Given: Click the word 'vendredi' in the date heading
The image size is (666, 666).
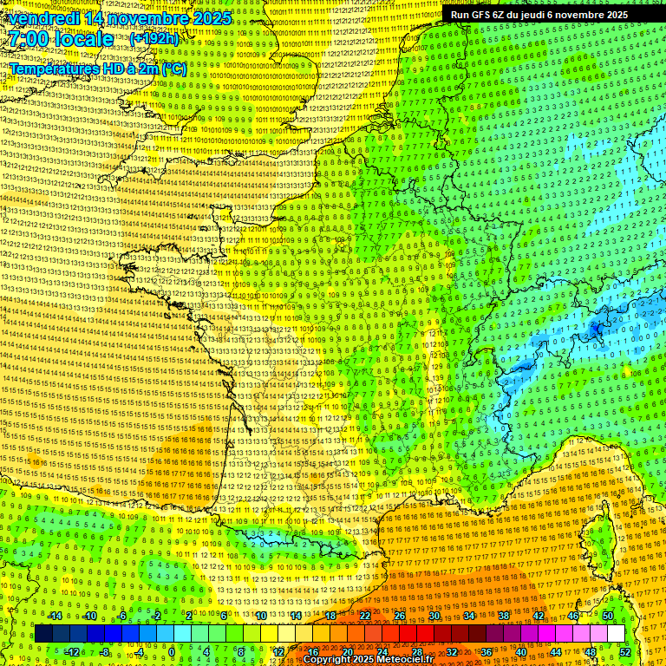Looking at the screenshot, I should point(40,18).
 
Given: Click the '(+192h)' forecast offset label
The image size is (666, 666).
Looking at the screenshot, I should point(153,39).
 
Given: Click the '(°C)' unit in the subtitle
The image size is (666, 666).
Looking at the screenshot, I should point(173,68).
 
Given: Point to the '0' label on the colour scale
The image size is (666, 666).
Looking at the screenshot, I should point(172,651).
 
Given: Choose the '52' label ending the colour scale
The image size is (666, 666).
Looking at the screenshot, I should point(624,651).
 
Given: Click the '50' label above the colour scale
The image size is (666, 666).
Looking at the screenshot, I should point(608,616).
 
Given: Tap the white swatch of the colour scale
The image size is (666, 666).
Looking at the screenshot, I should point(616,634).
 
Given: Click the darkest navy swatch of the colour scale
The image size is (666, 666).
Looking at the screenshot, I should point(43,634).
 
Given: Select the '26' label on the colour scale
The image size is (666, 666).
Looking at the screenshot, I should point(400,616).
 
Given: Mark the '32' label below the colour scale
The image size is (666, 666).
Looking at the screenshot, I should point(451,651).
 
